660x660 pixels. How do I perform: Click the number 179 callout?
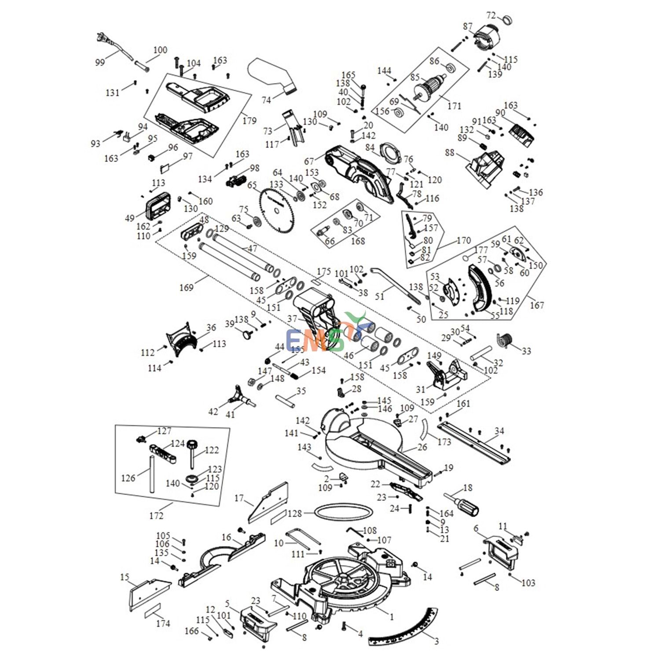coord(249,120)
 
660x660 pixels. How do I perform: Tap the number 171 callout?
coord(454,106)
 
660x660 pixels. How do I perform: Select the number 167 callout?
coord(537,305)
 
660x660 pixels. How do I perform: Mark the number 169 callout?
coord(186,288)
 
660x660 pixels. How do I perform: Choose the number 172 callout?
coord(156,516)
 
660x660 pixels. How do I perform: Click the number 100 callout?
coord(160,50)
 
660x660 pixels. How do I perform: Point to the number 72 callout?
coord(491,15)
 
